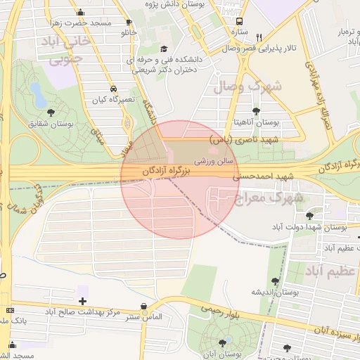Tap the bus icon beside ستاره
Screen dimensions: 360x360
[x=240, y=21]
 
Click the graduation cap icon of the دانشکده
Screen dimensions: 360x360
[x=164, y=49]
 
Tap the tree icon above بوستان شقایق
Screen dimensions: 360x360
[x=50, y=112]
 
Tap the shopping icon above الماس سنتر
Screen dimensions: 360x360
[x=144, y=307]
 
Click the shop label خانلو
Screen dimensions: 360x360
[x=129, y=33]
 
